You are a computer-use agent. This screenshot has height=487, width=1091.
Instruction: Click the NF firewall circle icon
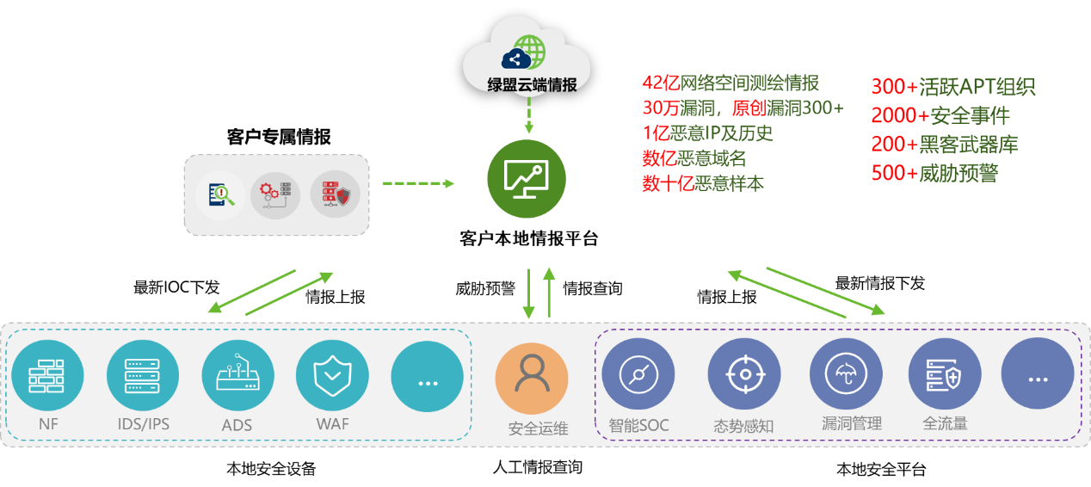pyautogui.click(x=47, y=376)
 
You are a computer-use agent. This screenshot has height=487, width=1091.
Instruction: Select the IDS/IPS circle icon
pyautogui.click(x=143, y=376)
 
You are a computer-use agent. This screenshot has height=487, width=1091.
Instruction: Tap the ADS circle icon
pyautogui.click(x=238, y=376)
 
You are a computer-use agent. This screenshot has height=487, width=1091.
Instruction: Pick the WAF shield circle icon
pyautogui.click(x=332, y=376)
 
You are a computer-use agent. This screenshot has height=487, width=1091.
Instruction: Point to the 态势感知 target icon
pyautogui.click(x=743, y=374)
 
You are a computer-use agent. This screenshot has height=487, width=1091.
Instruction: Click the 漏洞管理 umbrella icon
pyautogui.click(x=846, y=374)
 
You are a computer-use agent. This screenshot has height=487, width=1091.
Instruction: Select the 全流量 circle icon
pyautogui.click(x=945, y=374)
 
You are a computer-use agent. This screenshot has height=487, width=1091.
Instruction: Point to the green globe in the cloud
pyautogui.click(x=528, y=52)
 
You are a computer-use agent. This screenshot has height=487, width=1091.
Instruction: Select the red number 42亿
pyautogui.click(x=661, y=83)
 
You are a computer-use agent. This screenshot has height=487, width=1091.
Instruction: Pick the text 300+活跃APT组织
pyautogui.click(x=952, y=87)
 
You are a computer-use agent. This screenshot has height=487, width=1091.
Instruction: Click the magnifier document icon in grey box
pyautogui.click(x=220, y=194)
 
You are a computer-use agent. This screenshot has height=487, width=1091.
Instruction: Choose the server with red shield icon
pyautogui.click(x=335, y=195)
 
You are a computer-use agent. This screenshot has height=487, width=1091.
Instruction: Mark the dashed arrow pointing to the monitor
pyautogui.click(x=418, y=183)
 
